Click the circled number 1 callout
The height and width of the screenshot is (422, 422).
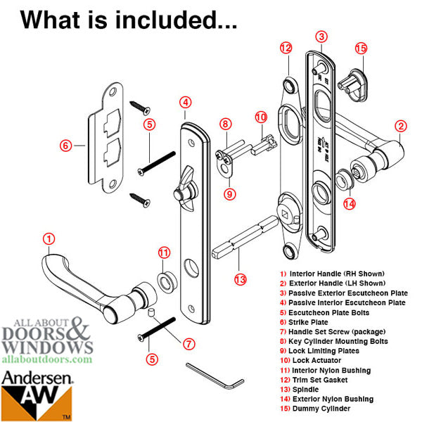click(x=49, y=239)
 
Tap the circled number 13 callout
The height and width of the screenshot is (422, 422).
click(x=241, y=279)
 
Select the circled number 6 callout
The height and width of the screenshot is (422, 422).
click(x=66, y=146)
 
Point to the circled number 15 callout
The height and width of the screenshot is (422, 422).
click(x=362, y=49)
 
